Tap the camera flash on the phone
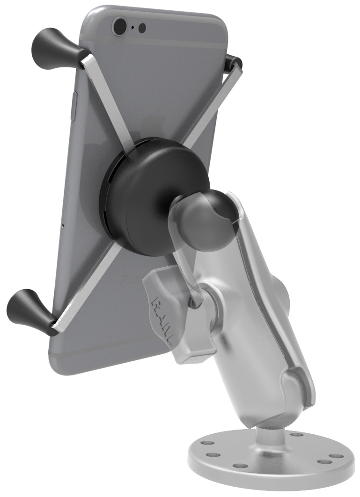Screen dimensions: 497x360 point(142,27)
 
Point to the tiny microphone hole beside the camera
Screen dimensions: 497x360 point(133,27)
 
